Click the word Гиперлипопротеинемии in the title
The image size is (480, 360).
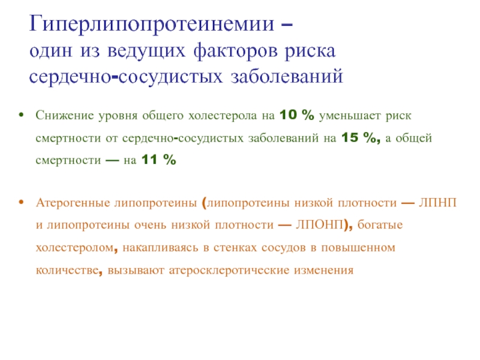pyautogui.click(x=152, y=25)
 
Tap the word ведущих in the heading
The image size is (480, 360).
pyautogui.click(x=146, y=52)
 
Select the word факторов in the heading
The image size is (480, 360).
pyautogui.click(x=235, y=52)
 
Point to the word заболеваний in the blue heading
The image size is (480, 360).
pyautogui.click(x=287, y=76)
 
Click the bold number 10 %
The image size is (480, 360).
pyautogui.click(x=296, y=115)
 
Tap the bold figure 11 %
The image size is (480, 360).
pyautogui.click(x=158, y=160)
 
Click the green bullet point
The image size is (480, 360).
pyautogui.click(x=21, y=115)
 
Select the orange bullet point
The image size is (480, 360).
pyautogui.click(x=21, y=202)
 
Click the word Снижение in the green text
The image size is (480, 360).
pyautogui.click(x=65, y=115)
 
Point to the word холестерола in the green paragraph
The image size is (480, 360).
pyautogui.click(x=223, y=116)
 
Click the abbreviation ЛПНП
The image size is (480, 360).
pyautogui.click(x=438, y=203)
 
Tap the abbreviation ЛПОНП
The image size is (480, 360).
pyautogui.click(x=319, y=225)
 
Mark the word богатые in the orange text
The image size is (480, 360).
pyautogui.click(x=380, y=225)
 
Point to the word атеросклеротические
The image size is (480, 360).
pyautogui.click(x=229, y=271)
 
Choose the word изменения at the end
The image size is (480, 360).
pyautogui.click(x=323, y=271)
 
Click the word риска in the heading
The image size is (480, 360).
pyautogui.click(x=310, y=52)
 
